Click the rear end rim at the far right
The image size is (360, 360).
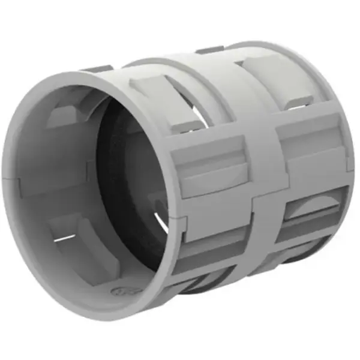pyautogui.click(x=348, y=156)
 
